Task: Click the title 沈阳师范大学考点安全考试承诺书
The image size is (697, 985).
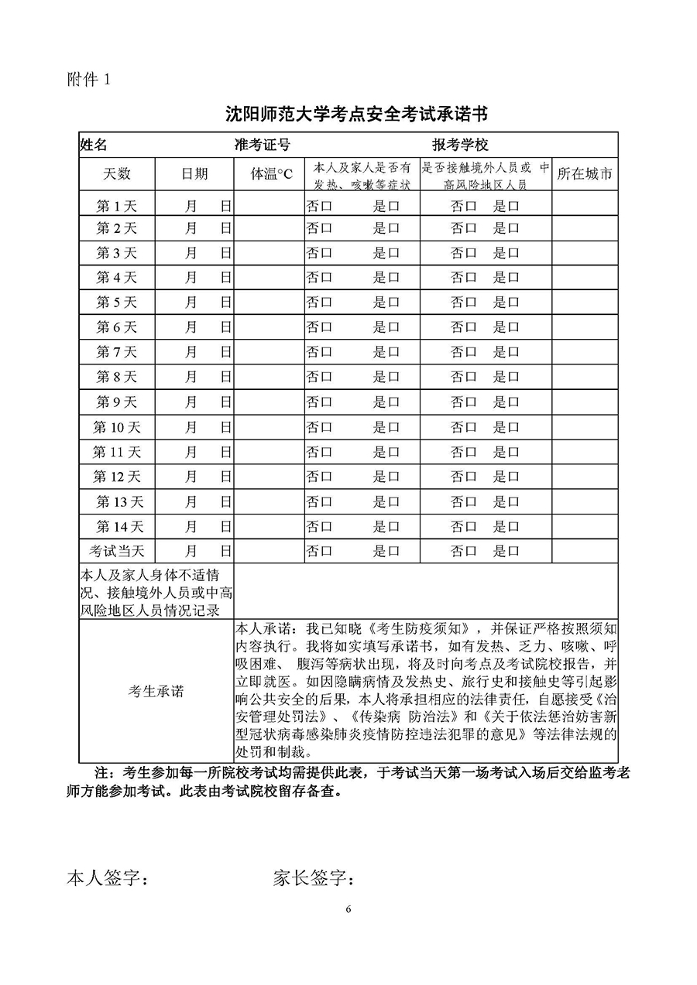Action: pyautogui.click(x=356, y=115)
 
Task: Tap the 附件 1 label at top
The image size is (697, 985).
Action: pyautogui.click(x=91, y=80)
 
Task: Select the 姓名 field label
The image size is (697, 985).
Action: pyautogui.click(x=94, y=145)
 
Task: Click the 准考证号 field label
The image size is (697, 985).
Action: pyautogui.click(x=263, y=145)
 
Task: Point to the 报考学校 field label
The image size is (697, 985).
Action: pyautogui.click(x=460, y=145)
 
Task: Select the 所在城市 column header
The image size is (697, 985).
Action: pyautogui.click(x=585, y=174)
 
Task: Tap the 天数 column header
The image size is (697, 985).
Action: pyautogui.click(x=117, y=174)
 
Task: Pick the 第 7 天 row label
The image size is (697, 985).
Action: pyautogui.click(x=116, y=352)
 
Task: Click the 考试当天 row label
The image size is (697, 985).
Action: pyautogui.click(x=117, y=552)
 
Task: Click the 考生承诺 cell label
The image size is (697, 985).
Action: pyautogui.click(x=156, y=691)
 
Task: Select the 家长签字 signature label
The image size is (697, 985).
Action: pyautogui.click(x=314, y=878)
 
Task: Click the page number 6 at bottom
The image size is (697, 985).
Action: pyautogui.click(x=349, y=908)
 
